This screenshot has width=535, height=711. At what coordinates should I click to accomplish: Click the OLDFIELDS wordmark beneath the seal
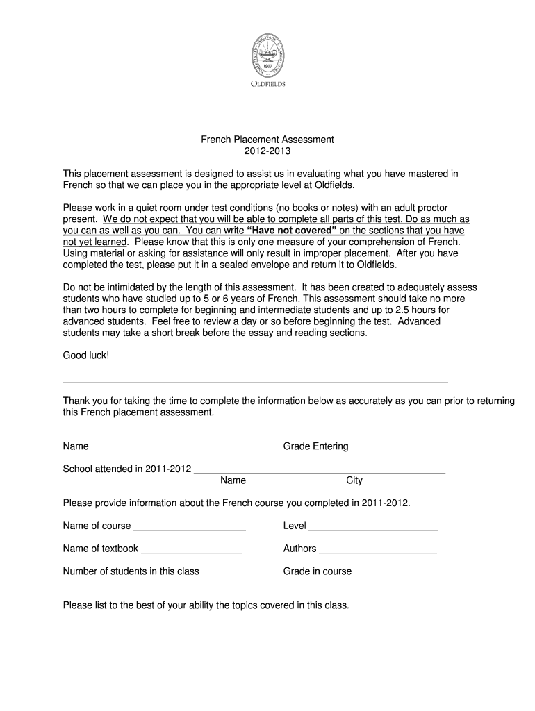(x=267, y=84)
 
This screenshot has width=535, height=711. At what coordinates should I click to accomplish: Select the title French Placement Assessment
(x=267, y=140)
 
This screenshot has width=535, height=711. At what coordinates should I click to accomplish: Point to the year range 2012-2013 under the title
(x=267, y=151)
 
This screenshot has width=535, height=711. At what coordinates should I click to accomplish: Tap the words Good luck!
(x=86, y=355)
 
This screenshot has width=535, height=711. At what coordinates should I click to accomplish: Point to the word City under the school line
(x=354, y=480)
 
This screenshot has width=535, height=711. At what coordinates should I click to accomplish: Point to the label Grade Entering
(x=315, y=446)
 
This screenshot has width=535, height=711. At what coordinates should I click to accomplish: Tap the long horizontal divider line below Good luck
(x=256, y=383)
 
